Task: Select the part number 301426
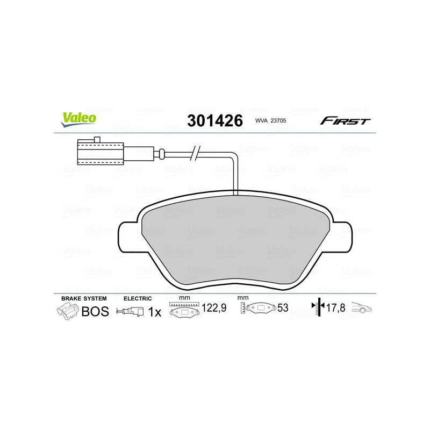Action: coord(214,121)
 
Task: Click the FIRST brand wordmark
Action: coord(345,121)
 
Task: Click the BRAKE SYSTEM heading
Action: coord(84,298)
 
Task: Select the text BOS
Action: coord(95,311)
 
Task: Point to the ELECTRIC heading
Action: coord(138,298)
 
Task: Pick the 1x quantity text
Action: coord(155,311)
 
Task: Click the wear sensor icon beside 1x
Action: coord(131,311)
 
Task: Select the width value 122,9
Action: coord(214,309)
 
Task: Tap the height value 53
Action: coord(283,309)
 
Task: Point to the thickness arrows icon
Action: coord(318,308)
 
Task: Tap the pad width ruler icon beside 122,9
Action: coord(184,310)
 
